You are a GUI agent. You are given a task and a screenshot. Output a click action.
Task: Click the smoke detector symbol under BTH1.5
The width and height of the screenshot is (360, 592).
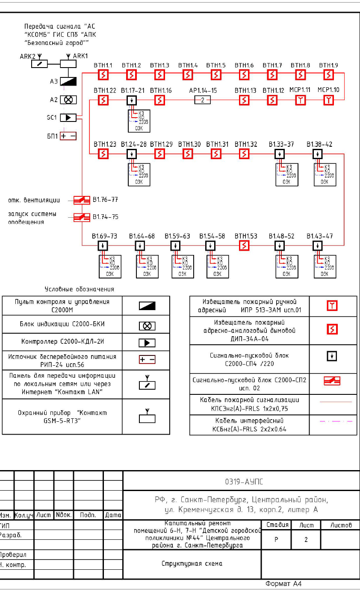click(x=216, y=75)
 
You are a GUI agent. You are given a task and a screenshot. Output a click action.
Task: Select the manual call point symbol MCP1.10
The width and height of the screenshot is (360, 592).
click(x=328, y=100)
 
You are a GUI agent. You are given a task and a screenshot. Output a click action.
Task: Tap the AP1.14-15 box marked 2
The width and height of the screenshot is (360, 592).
click(x=203, y=100)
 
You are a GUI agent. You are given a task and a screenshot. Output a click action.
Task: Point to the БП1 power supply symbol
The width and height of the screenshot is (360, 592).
click(x=68, y=136)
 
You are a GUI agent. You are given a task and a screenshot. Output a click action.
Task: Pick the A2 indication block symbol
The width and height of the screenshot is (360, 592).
click(x=68, y=99)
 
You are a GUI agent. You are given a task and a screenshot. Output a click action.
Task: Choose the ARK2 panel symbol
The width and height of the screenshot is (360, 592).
click(x=40, y=63)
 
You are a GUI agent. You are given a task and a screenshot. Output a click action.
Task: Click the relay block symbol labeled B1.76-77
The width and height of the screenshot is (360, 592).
click(x=81, y=200)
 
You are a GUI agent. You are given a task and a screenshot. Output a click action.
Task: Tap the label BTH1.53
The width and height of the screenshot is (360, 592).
click(x=244, y=236)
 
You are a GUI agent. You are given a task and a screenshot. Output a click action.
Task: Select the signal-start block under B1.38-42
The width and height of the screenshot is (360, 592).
click(x=317, y=154)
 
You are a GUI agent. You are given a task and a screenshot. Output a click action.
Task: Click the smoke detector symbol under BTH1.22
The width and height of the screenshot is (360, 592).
click(x=103, y=100)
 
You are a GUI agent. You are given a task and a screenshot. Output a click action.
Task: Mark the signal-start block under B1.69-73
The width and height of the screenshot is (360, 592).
click(x=103, y=246)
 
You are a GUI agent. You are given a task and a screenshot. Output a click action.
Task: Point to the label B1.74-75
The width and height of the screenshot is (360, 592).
click(x=106, y=217)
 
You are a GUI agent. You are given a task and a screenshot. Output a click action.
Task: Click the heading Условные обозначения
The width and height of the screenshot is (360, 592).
click(x=80, y=289)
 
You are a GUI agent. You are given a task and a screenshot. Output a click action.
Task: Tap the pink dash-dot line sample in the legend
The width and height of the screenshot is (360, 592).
click(x=336, y=421)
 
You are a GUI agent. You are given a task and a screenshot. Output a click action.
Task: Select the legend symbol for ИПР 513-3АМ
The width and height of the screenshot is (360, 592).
click(x=332, y=305)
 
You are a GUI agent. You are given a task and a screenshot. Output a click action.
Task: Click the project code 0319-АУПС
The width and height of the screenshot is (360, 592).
click(x=244, y=482)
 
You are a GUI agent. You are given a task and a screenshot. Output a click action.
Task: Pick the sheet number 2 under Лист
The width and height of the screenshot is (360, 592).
click(x=306, y=540)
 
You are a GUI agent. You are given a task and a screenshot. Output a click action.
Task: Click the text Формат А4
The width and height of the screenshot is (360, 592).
click(x=283, y=583)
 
